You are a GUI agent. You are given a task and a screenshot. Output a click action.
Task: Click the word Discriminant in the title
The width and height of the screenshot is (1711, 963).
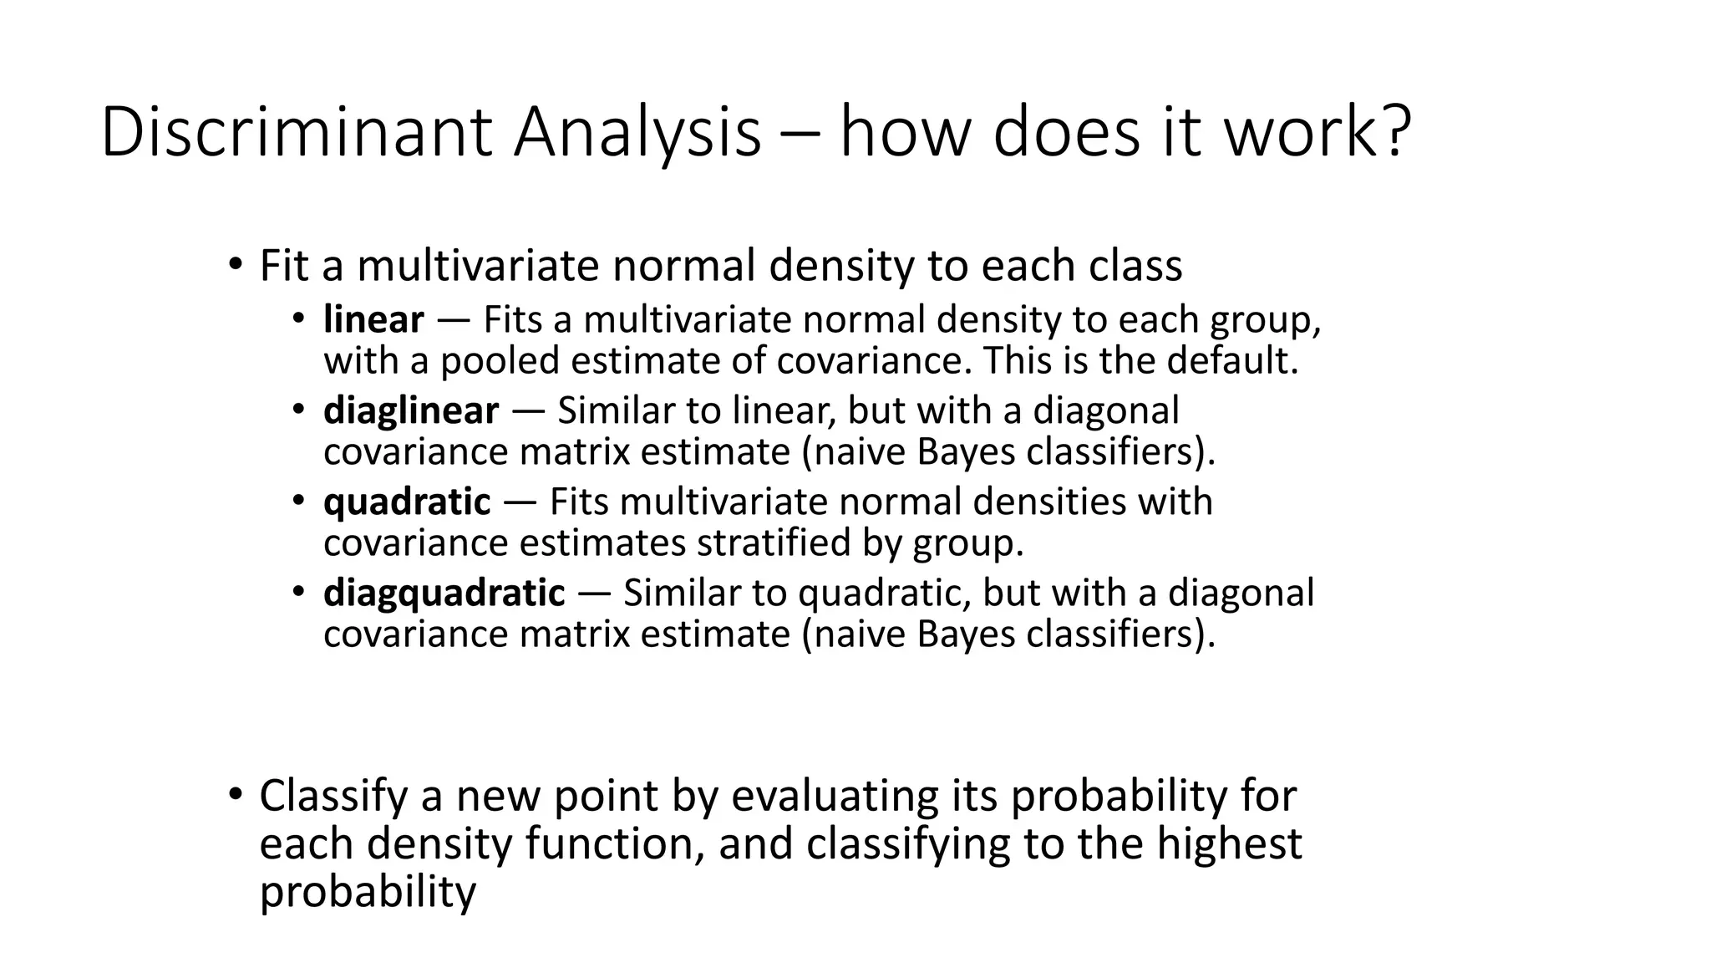pyautogui.click(x=297, y=132)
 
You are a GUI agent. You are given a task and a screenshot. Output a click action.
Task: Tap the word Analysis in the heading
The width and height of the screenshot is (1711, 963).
pyautogui.click(x=637, y=132)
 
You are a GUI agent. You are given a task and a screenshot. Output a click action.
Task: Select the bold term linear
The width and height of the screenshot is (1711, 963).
pyautogui.click(x=373, y=319)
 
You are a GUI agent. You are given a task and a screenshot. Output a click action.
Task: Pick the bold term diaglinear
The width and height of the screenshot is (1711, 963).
pyautogui.click(x=411, y=410)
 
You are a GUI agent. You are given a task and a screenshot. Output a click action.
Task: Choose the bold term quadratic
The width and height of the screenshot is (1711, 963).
pyautogui.click(x=407, y=502)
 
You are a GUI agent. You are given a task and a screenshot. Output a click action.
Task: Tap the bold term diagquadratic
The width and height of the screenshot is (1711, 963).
pyautogui.click(x=444, y=593)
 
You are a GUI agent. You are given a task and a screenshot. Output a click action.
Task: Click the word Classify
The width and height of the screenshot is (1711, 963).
pyautogui.click(x=333, y=796)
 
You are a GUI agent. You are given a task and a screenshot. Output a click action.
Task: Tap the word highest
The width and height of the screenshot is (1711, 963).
pyautogui.click(x=1229, y=843)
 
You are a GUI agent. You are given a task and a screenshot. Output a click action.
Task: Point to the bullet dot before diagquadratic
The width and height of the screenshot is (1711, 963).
pyautogui.click(x=299, y=592)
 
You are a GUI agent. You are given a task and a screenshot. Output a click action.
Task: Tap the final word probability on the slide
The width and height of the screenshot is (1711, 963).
pyautogui.click(x=368, y=892)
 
